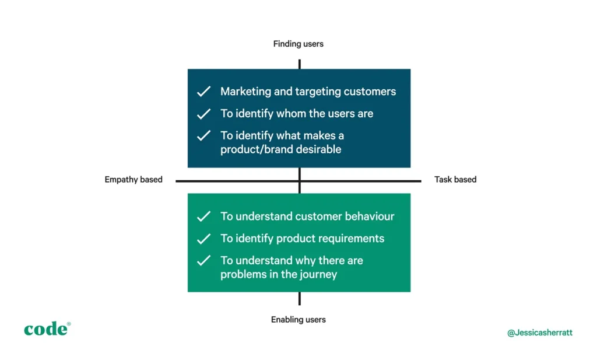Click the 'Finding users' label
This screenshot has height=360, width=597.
pyautogui.click(x=298, y=44)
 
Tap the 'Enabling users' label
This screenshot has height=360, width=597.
pyautogui.click(x=298, y=320)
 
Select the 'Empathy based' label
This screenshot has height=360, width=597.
pyautogui.click(x=134, y=180)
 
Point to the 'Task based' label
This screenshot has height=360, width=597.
pyautogui.click(x=455, y=180)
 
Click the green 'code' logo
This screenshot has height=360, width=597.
pyautogui.click(x=47, y=329)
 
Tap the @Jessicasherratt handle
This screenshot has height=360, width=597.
pyautogui.click(x=540, y=333)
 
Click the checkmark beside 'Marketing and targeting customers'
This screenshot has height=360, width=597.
pyautogui.click(x=203, y=92)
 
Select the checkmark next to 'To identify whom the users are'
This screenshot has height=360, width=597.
pyautogui.click(x=203, y=114)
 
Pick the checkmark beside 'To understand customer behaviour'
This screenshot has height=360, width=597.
pyautogui.click(x=203, y=216)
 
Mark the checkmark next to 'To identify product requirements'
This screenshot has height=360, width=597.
pyautogui.click(x=203, y=239)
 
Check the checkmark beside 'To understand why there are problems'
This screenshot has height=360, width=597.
pyautogui.click(x=203, y=261)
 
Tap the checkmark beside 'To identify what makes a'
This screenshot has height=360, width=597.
pyautogui.click(x=203, y=136)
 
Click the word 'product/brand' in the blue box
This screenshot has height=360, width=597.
pyautogui.click(x=252, y=149)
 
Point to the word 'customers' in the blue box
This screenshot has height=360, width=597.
pyautogui.click(x=369, y=92)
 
